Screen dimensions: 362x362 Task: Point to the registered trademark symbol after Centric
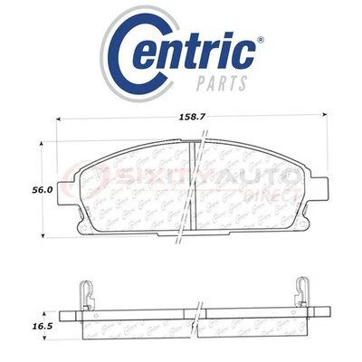[261, 40]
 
